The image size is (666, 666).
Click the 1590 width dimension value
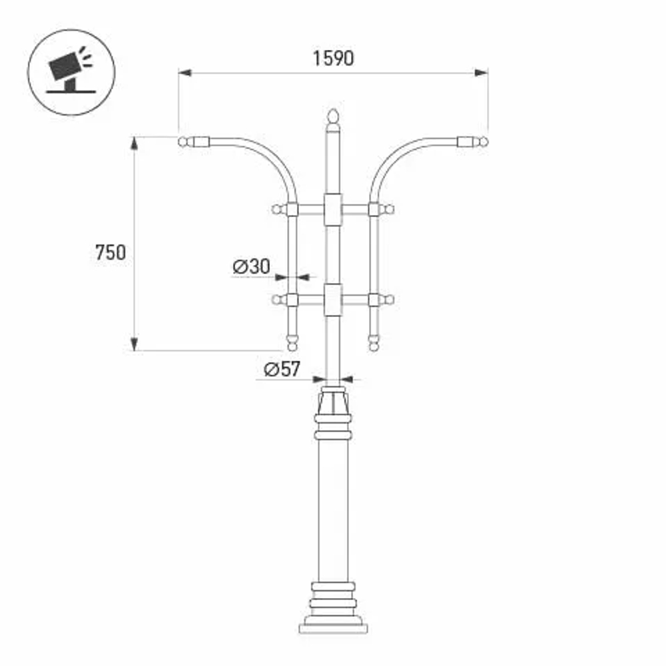[x=333, y=59]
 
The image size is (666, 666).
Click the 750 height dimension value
[x=110, y=252]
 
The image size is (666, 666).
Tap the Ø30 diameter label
[x=251, y=266]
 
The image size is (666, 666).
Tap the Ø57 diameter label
[x=282, y=369]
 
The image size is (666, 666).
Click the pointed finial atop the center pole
[x=333, y=119]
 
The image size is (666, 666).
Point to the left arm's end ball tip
[x=183, y=141]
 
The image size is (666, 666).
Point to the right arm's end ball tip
[x=483, y=141]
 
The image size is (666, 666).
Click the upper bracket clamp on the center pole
[x=333, y=210]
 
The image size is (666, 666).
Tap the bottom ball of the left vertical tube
[x=291, y=344]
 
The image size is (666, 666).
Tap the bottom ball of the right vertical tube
[x=374, y=344]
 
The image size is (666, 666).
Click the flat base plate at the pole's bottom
[x=333, y=627]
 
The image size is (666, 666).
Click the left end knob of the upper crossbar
[x=276, y=210]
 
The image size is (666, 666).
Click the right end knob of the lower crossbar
[x=390, y=300]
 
